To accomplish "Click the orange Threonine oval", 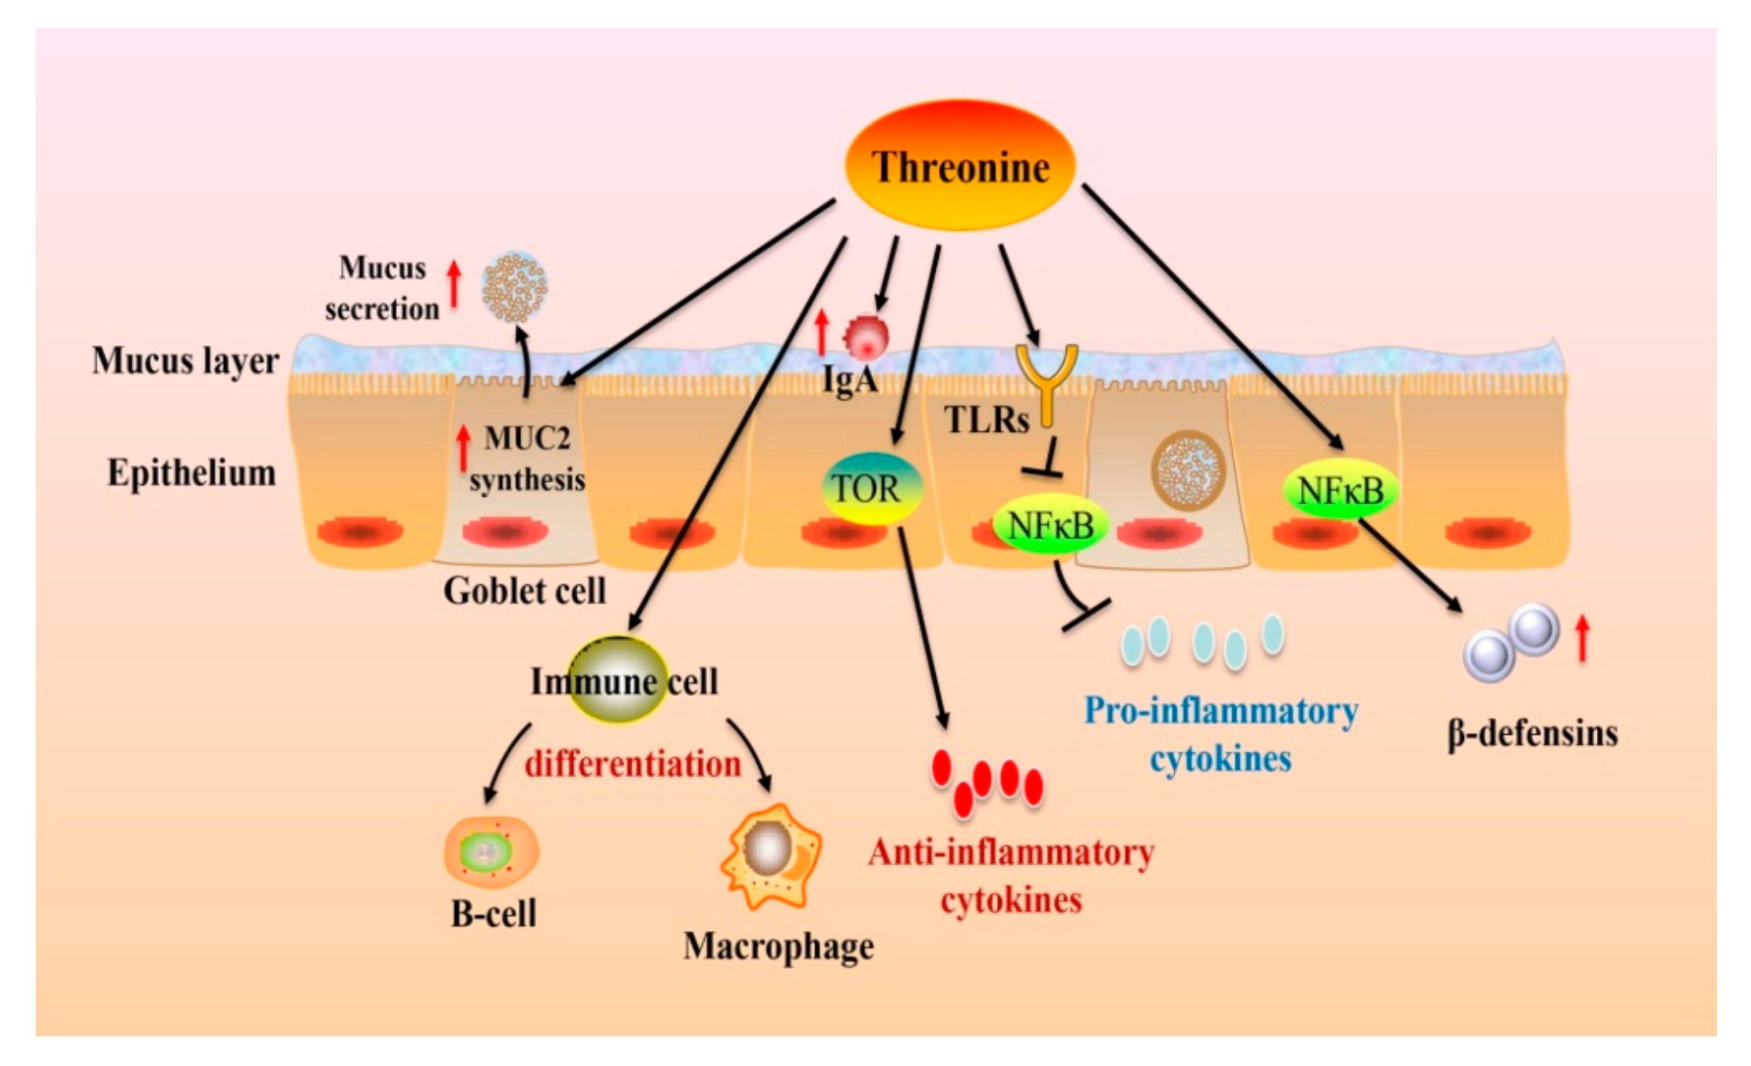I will (x=960, y=165).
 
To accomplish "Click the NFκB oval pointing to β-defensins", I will (x=1340, y=490).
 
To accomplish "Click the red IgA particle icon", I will (x=866, y=337).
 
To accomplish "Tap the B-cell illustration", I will (x=491, y=852).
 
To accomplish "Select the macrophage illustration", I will (x=771, y=856).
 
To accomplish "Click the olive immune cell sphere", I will (x=618, y=679).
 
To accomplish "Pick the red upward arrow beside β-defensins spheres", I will (x=1582, y=637).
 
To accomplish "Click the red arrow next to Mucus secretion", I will (x=454, y=284).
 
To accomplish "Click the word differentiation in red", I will (x=632, y=765).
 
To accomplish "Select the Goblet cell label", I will (x=524, y=590).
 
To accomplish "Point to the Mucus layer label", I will (x=185, y=360).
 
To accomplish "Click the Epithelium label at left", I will (x=191, y=473).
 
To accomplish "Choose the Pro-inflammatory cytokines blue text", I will (x=1220, y=734).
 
